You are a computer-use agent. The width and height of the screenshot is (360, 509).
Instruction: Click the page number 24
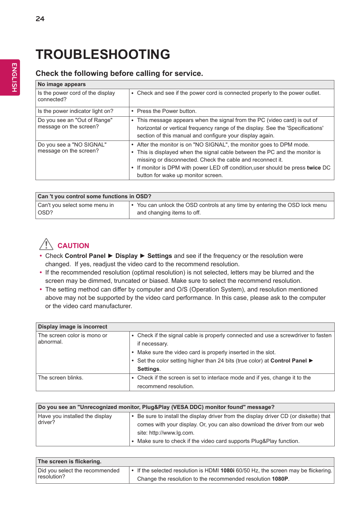[40, 19]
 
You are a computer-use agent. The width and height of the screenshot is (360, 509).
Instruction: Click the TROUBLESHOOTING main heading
[103, 54]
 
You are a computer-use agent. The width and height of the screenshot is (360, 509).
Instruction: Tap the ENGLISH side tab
[14, 77]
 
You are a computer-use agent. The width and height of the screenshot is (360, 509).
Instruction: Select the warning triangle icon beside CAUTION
[46, 244]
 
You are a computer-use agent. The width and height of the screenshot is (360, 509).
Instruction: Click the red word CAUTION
[73, 246]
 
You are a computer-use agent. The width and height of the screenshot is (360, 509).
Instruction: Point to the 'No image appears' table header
[62, 85]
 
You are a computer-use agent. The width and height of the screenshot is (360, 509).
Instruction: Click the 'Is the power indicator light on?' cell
[75, 111]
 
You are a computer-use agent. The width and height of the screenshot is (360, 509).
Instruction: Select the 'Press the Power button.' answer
[166, 111]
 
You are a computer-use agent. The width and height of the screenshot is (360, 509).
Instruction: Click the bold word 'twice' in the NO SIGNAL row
[314, 168]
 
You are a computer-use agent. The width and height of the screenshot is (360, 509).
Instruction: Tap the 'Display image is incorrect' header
[72, 327]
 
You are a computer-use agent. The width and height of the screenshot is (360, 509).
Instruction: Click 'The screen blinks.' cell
[60, 378]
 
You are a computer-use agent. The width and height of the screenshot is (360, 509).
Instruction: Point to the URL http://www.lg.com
[171, 433]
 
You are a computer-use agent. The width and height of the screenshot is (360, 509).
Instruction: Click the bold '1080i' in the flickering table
[227, 471]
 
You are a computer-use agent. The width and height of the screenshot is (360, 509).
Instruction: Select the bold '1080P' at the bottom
[280, 479]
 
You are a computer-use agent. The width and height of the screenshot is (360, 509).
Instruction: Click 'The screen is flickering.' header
[69, 462]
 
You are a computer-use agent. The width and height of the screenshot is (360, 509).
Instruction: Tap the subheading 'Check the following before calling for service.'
[119, 74]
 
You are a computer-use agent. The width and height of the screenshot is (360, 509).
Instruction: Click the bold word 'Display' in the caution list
[126, 256]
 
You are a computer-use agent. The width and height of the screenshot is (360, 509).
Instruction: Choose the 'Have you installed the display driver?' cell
[75, 419]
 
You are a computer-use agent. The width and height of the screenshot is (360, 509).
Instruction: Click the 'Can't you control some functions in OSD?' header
[94, 197]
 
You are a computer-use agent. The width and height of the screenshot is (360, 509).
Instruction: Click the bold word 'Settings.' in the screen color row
[149, 369]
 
